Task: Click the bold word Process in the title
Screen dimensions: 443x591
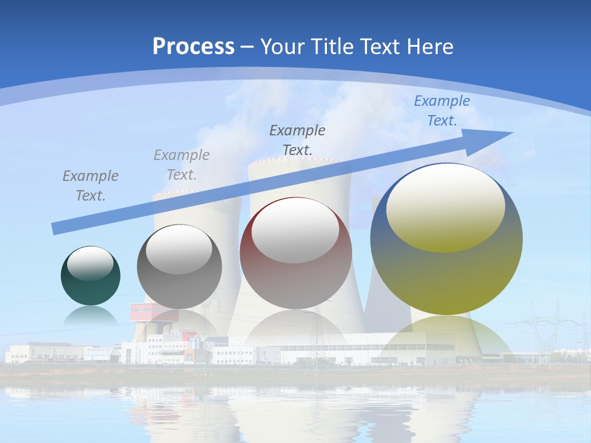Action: click(x=193, y=46)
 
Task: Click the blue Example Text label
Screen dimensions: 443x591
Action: click(x=441, y=111)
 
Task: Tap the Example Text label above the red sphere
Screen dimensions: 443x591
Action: click(x=297, y=140)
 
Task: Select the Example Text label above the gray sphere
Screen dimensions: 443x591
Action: click(x=182, y=164)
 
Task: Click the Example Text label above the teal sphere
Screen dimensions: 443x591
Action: click(x=90, y=185)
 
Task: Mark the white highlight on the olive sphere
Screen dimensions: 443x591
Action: click(x=446, y=207)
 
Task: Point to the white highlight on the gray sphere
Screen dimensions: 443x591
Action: click(x=179, y=250)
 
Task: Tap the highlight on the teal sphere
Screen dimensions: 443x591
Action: click(x=90, y=263)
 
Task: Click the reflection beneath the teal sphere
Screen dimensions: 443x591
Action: click(x=90, y=316)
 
